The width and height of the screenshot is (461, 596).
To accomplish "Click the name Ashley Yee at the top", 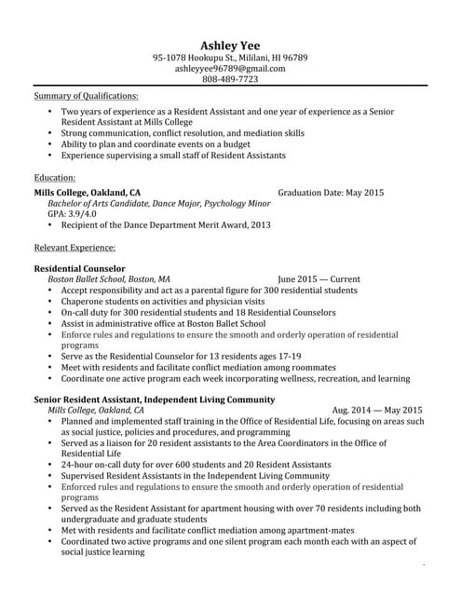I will (230, 45).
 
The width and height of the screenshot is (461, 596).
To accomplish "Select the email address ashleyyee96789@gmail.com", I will (230, 68).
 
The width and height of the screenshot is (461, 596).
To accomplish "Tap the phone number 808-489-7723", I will (230, 79).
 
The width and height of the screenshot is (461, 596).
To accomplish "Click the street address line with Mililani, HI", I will (230, 57).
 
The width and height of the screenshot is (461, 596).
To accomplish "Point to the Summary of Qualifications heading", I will (86, 96).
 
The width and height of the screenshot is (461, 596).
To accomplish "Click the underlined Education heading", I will (55, 176).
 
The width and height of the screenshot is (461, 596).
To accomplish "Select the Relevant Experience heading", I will (75, 248).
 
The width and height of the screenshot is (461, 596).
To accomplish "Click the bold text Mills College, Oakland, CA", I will (88, 193).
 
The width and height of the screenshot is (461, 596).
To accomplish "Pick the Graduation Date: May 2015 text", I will (330, 193).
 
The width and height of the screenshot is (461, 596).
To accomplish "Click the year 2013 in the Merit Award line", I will (261, 224).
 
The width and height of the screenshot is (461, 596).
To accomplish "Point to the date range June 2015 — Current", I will (319, 278).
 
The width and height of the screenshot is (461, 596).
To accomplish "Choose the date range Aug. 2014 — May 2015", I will (376, 410).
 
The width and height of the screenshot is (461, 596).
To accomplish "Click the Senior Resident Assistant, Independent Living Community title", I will (154, 400).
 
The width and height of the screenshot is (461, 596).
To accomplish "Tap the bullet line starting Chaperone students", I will (163, 302).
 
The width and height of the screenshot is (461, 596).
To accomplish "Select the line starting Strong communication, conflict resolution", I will (183, 133).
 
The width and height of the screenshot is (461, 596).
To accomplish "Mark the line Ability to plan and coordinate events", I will (156, 144).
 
